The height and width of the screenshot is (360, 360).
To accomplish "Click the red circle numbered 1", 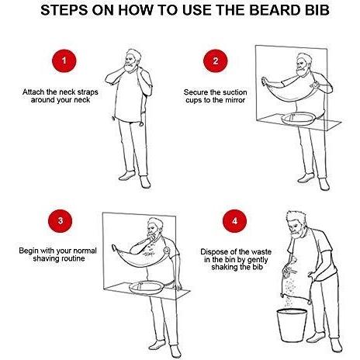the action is click(64, 61).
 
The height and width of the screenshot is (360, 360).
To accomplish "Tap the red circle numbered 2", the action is click(216, 61).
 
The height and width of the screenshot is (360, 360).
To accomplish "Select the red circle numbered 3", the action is click(61, 221).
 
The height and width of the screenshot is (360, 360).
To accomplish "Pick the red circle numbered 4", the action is click(234, 221).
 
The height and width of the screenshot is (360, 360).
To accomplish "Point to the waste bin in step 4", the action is click(292, 326).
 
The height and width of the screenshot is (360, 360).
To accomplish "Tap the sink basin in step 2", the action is click(298, 119).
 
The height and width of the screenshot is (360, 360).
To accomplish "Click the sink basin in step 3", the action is click(147, 287).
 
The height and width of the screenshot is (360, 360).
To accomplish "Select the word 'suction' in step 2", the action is click(234, 92).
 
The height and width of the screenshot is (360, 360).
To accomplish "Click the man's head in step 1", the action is click(133, 60).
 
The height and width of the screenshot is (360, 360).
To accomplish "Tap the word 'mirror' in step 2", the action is click(234, 100).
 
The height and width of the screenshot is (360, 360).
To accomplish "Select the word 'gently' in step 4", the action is click(258, 260).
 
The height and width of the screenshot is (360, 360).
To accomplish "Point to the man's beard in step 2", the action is click(301, 71).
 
